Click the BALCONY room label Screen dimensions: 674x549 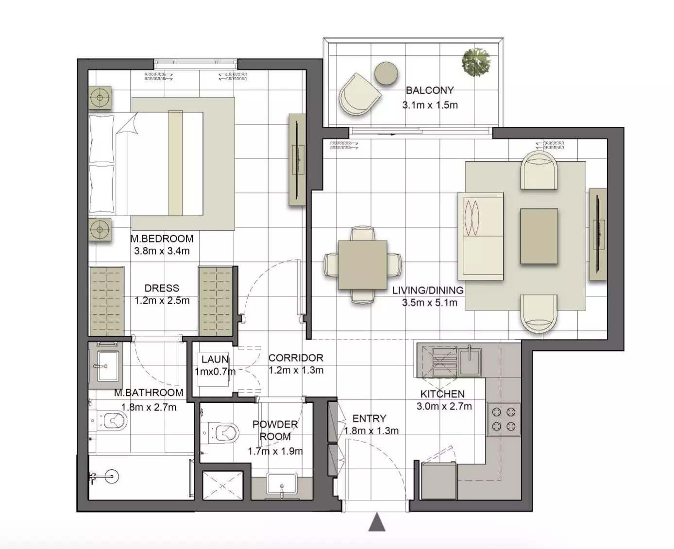tap(429, 90)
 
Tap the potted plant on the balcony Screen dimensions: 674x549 tap(475, 62)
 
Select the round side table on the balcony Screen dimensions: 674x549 tap(386, 73)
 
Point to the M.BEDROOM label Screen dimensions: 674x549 tap(162, 239)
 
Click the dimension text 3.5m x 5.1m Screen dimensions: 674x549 tap(429, 303)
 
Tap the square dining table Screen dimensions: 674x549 tap(363, 265)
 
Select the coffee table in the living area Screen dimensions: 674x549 tap(539, 236)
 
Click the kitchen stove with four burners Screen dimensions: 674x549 tap(504, 419)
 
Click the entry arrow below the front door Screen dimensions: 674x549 tap(377, 522)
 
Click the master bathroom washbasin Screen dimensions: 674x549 tap(105, 366)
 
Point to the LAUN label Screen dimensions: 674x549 tap(215, 360)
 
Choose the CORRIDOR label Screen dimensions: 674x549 tap(296, 358)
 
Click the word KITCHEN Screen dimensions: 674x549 tap(442, 394)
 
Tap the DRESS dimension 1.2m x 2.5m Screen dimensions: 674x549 tap(162, 300)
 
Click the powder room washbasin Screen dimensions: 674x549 tap(282, 484)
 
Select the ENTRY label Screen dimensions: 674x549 tap(369, 419)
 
